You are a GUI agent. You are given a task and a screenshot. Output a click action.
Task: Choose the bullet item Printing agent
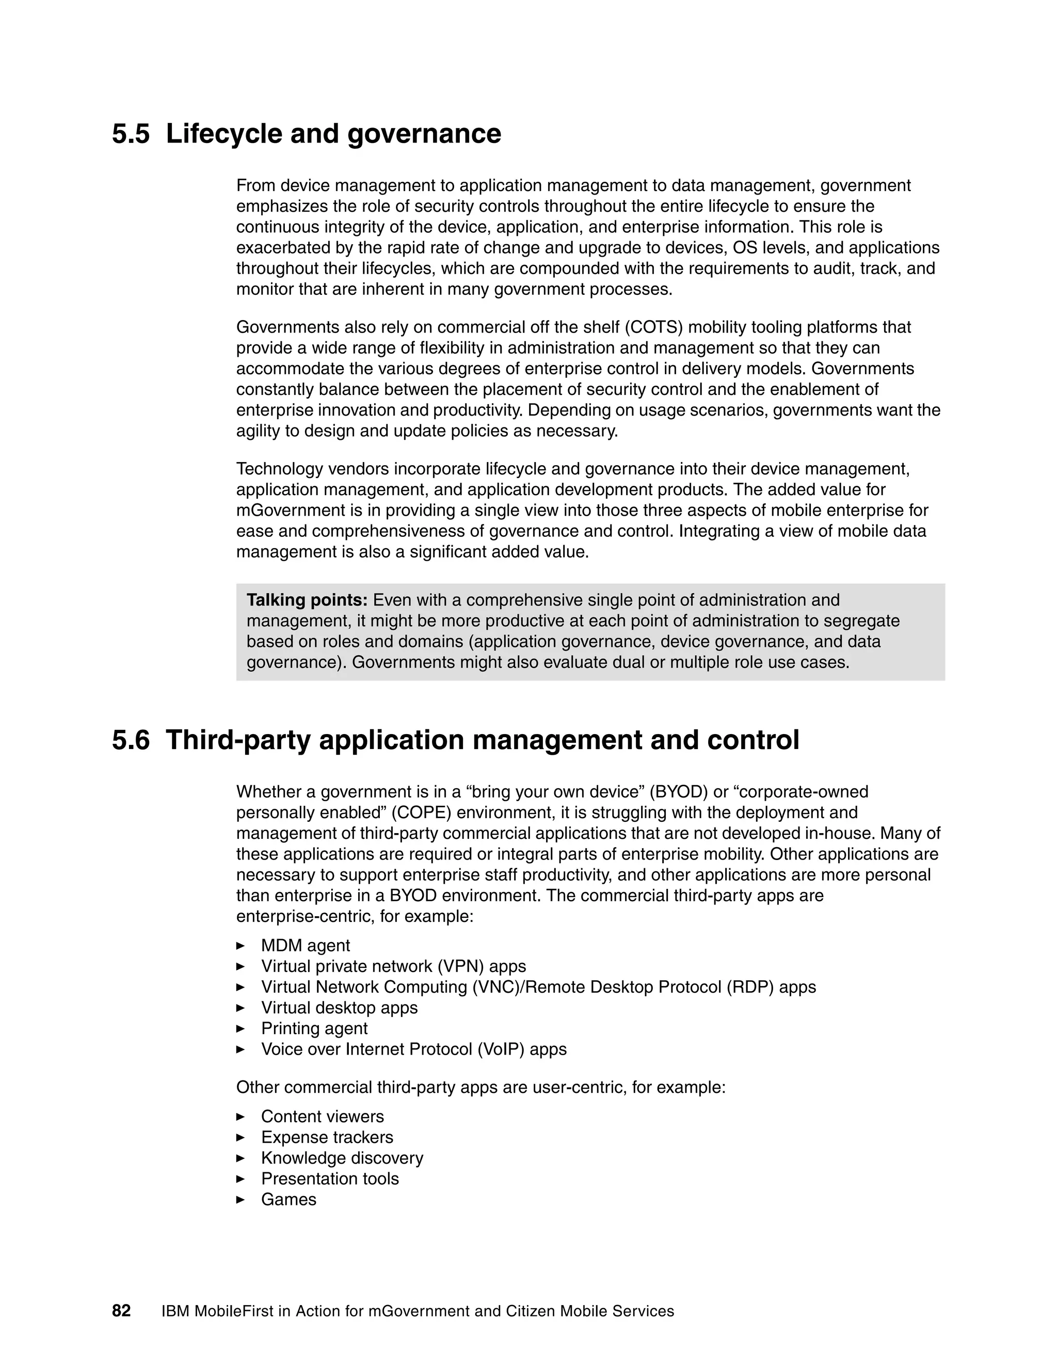click(x=314, y=1028)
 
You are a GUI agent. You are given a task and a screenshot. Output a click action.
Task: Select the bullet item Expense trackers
click(x=327, y=1137)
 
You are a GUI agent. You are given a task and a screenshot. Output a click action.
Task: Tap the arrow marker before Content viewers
click(x=241, y=1116)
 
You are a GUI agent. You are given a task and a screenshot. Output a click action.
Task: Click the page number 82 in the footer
click(x=121, y=1311)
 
